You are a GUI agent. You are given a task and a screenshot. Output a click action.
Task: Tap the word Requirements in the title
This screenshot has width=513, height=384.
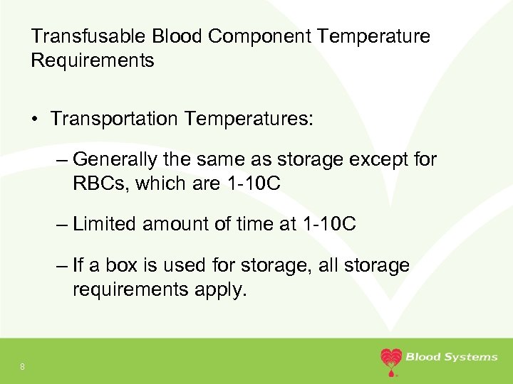[x=93, y=60]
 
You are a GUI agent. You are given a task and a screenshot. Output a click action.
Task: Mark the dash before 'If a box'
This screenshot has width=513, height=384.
[x=61, y=265]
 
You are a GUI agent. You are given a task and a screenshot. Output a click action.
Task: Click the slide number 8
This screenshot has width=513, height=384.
[x=23, y=366]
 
